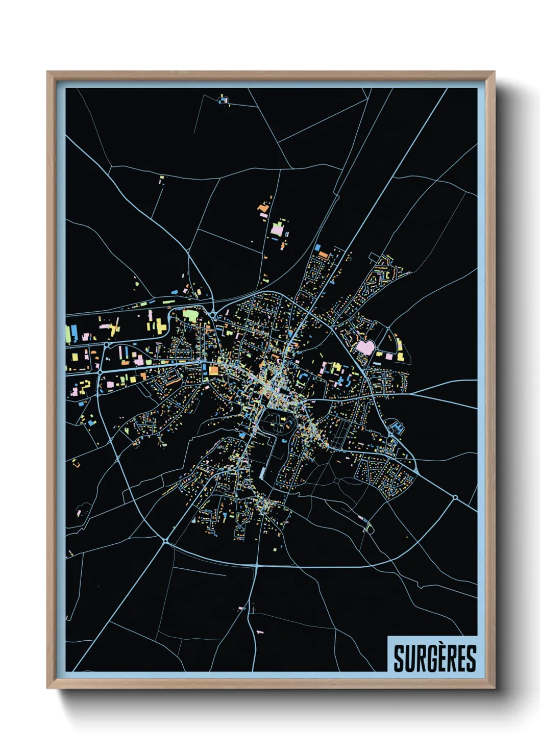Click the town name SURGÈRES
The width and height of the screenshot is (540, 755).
tap(434, 658)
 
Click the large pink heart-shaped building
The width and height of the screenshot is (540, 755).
tap(365, 347)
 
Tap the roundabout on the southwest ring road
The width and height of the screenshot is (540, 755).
tap(166, 539)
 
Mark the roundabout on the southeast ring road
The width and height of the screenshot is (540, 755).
tap(455, 497)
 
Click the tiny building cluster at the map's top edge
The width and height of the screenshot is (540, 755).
tap(224, 99)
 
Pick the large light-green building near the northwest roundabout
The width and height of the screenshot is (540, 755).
tap(189, 316)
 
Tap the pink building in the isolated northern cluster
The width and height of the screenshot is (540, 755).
tap(277, 230)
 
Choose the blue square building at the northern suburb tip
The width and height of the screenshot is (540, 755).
tap(317, 247)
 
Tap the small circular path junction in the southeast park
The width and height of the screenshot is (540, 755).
tap(336, 481)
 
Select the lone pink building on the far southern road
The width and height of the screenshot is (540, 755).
tap(259, 632)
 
